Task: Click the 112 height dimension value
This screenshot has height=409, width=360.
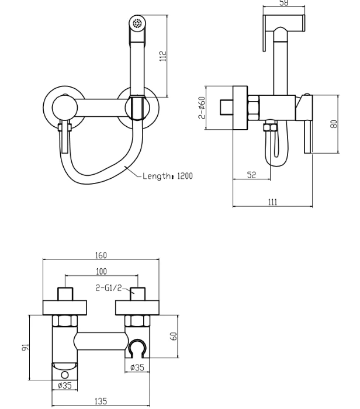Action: coord(163,56)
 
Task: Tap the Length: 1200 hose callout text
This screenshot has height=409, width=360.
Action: coord(168,176)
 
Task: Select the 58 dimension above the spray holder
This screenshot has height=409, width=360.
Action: coord(284,3)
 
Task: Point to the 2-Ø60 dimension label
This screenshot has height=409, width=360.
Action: coord(202,108)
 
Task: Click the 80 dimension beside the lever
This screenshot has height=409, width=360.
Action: coord(334,124)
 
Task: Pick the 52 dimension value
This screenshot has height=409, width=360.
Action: coord(251,175)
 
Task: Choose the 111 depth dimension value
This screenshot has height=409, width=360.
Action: coord(272,202)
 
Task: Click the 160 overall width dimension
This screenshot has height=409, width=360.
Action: coord(101,255)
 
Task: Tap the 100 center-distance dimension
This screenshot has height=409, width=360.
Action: coord(102,272)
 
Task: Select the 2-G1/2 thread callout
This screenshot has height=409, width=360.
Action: coord(109,287)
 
